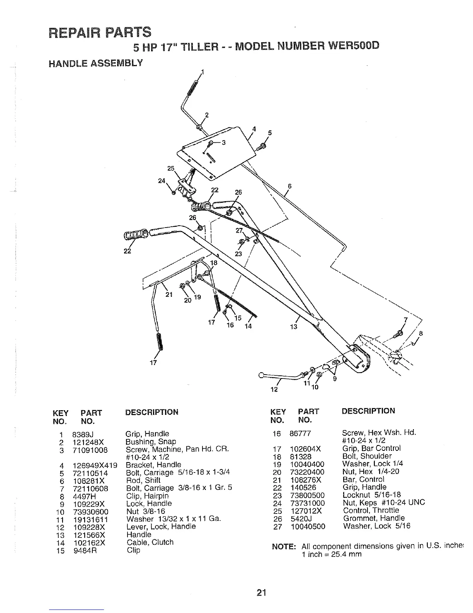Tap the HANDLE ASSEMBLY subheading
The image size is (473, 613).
[95, 63]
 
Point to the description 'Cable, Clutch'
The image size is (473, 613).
[150, 542]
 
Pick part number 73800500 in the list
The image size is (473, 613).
[307, 495]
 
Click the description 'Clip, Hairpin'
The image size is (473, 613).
[147, 496]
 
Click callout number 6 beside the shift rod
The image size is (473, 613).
[289, 186]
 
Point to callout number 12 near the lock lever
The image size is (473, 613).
[274, 389]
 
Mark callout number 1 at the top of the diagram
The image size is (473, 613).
[202, 71]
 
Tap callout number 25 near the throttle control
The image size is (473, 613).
[170, 168]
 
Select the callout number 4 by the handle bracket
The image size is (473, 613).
[254, 128]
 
